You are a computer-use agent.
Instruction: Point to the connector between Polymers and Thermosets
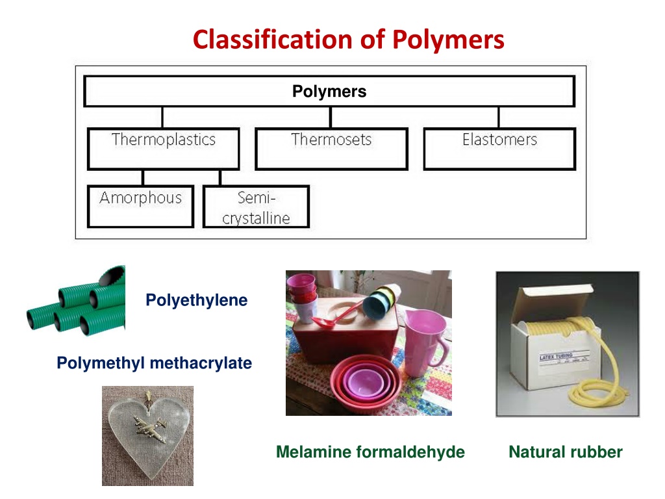coord(331,117)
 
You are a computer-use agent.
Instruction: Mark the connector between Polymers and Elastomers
coord(499,117)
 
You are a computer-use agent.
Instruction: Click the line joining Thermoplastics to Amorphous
coord(143,177)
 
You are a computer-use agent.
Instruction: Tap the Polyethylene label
coord(196,300)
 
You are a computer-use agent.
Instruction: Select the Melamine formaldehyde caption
coord(370,452)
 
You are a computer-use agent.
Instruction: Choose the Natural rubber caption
coord(566,452)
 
